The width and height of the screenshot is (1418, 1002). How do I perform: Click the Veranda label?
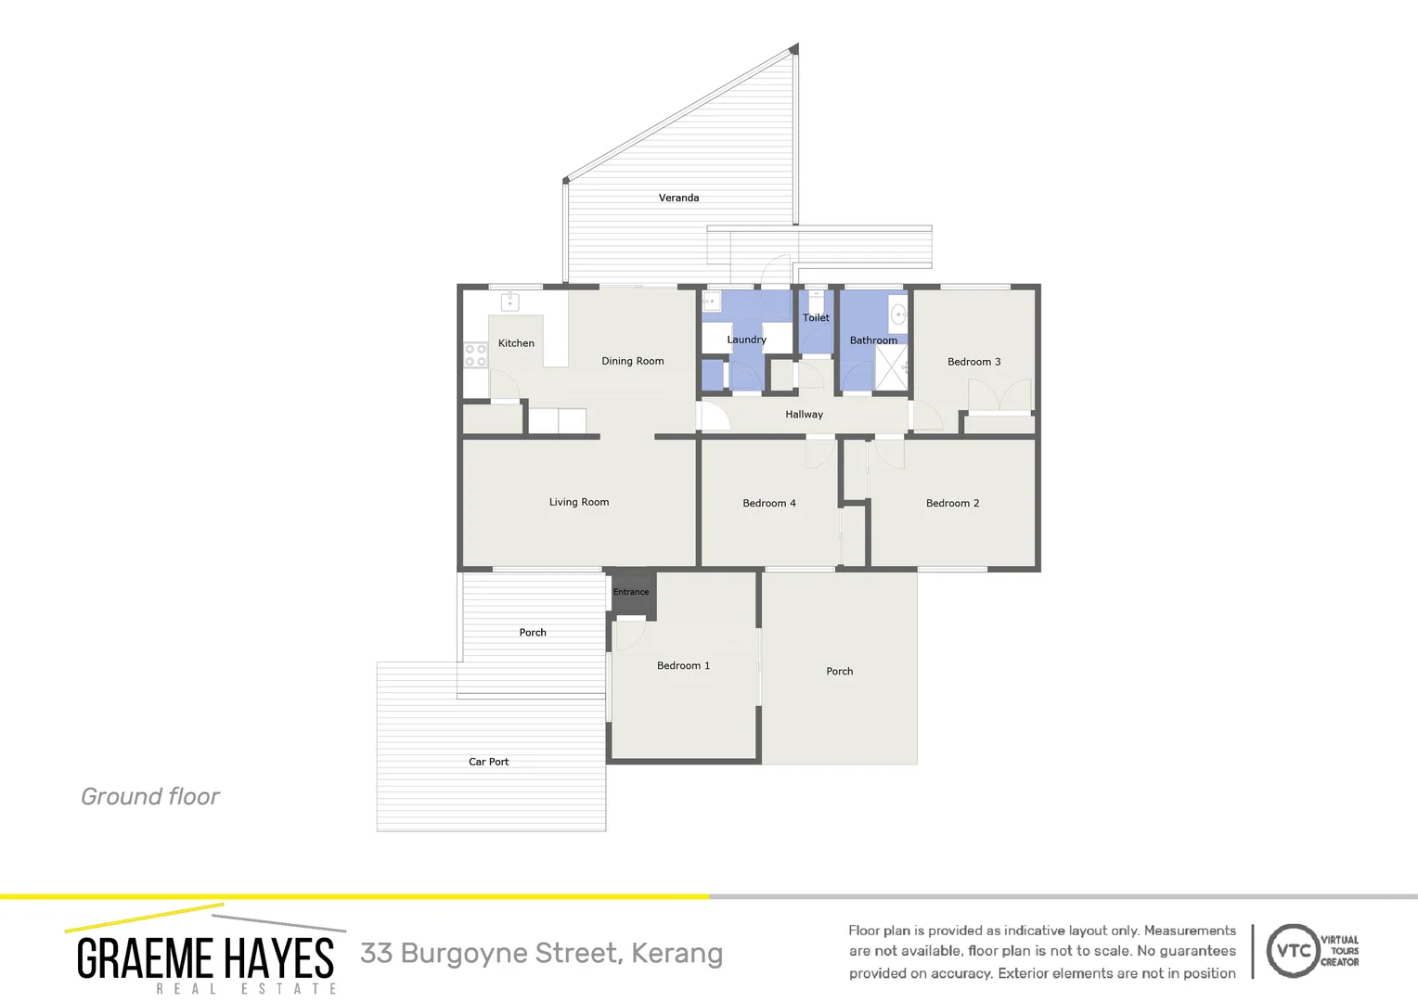click(678, 198)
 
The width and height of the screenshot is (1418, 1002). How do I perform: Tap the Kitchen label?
click(516, 343)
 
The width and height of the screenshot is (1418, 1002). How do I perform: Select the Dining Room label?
click(632, 361)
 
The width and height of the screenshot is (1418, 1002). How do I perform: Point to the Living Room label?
click(579, 502)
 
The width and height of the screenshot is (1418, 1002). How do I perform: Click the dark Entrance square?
click(632, 592)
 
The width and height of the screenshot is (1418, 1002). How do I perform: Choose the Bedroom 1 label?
click(683, 665)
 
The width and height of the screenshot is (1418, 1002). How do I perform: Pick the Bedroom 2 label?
click(952, 503)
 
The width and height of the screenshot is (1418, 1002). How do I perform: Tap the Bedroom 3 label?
click(973, 362)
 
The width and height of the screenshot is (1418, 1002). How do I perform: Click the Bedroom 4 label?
click(768, 503)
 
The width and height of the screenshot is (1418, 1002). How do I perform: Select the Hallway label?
click(804, 415)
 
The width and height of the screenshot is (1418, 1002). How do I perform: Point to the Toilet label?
click(816, 317)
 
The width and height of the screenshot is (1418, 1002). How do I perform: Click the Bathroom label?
click(873, 340)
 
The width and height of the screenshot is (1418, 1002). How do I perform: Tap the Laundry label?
click(746, 340)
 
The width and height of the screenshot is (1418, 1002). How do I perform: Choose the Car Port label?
click(488, 762)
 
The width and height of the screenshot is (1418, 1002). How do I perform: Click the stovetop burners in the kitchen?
click(475, 355)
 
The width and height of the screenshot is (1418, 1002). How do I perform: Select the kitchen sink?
click(509, 302)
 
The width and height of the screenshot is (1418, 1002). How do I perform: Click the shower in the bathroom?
click(891, 368)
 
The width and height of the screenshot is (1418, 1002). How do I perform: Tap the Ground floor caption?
click(150, 796)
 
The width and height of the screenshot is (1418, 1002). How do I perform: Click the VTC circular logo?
click(1292, 950)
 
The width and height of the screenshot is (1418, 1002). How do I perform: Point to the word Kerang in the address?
click(677, 954)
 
